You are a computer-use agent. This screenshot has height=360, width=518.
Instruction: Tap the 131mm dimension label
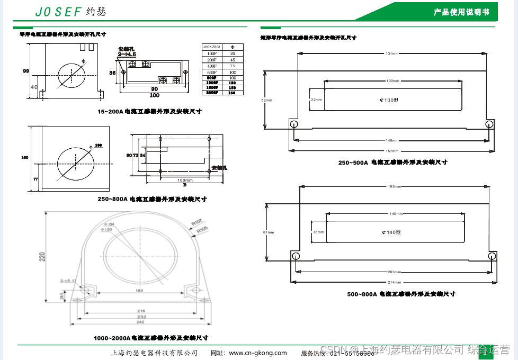coord(392,53)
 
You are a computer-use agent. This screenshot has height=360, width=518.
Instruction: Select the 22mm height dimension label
coord(316,100)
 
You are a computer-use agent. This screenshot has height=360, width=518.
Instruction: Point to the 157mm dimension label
coord(392,151)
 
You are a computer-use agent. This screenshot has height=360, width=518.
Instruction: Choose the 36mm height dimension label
coord(318,232)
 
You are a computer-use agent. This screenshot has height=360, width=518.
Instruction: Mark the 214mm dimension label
coord(395,282)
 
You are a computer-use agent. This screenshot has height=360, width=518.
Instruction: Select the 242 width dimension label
coord(140,322)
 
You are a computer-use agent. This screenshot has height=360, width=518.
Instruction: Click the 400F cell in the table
coord(212,66)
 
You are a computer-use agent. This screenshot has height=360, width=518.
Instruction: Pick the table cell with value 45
coord(233,60)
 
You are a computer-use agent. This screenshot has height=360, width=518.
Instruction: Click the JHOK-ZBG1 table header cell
coord(212,47)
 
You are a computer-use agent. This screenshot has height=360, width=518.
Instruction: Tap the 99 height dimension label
coord(26,71)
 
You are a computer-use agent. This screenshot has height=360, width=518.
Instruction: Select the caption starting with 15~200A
coord(149,112)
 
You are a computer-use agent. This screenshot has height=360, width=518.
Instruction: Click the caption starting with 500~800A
coord(401,294)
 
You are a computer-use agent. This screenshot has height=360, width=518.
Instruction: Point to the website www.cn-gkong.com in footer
coord(249,353)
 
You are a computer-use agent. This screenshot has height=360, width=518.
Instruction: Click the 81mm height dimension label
coord(269,232)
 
